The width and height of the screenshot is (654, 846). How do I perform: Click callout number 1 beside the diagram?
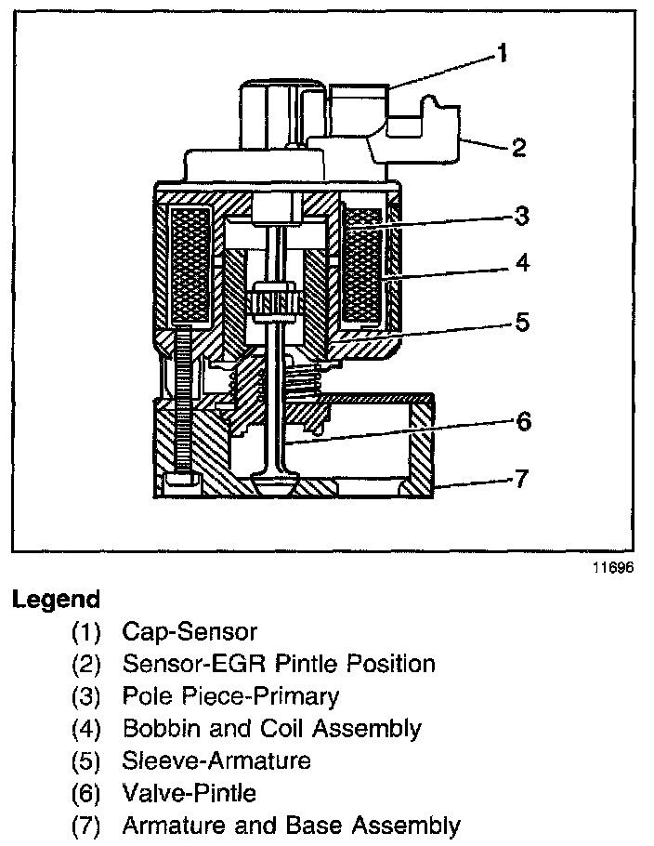click(502, 54)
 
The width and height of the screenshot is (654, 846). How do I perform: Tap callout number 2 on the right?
click(519, 147)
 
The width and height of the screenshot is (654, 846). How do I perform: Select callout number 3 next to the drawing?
click(522, 216)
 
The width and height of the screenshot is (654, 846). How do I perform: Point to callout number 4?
click(522, 264)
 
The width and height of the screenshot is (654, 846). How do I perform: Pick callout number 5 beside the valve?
click(522, 323)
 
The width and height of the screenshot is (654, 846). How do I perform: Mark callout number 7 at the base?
click(522, 479)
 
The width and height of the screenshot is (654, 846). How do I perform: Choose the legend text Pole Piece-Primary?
click(230, 695)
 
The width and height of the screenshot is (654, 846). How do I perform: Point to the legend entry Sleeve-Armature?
click(216, 760)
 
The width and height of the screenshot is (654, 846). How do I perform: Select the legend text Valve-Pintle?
click(189, 792)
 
